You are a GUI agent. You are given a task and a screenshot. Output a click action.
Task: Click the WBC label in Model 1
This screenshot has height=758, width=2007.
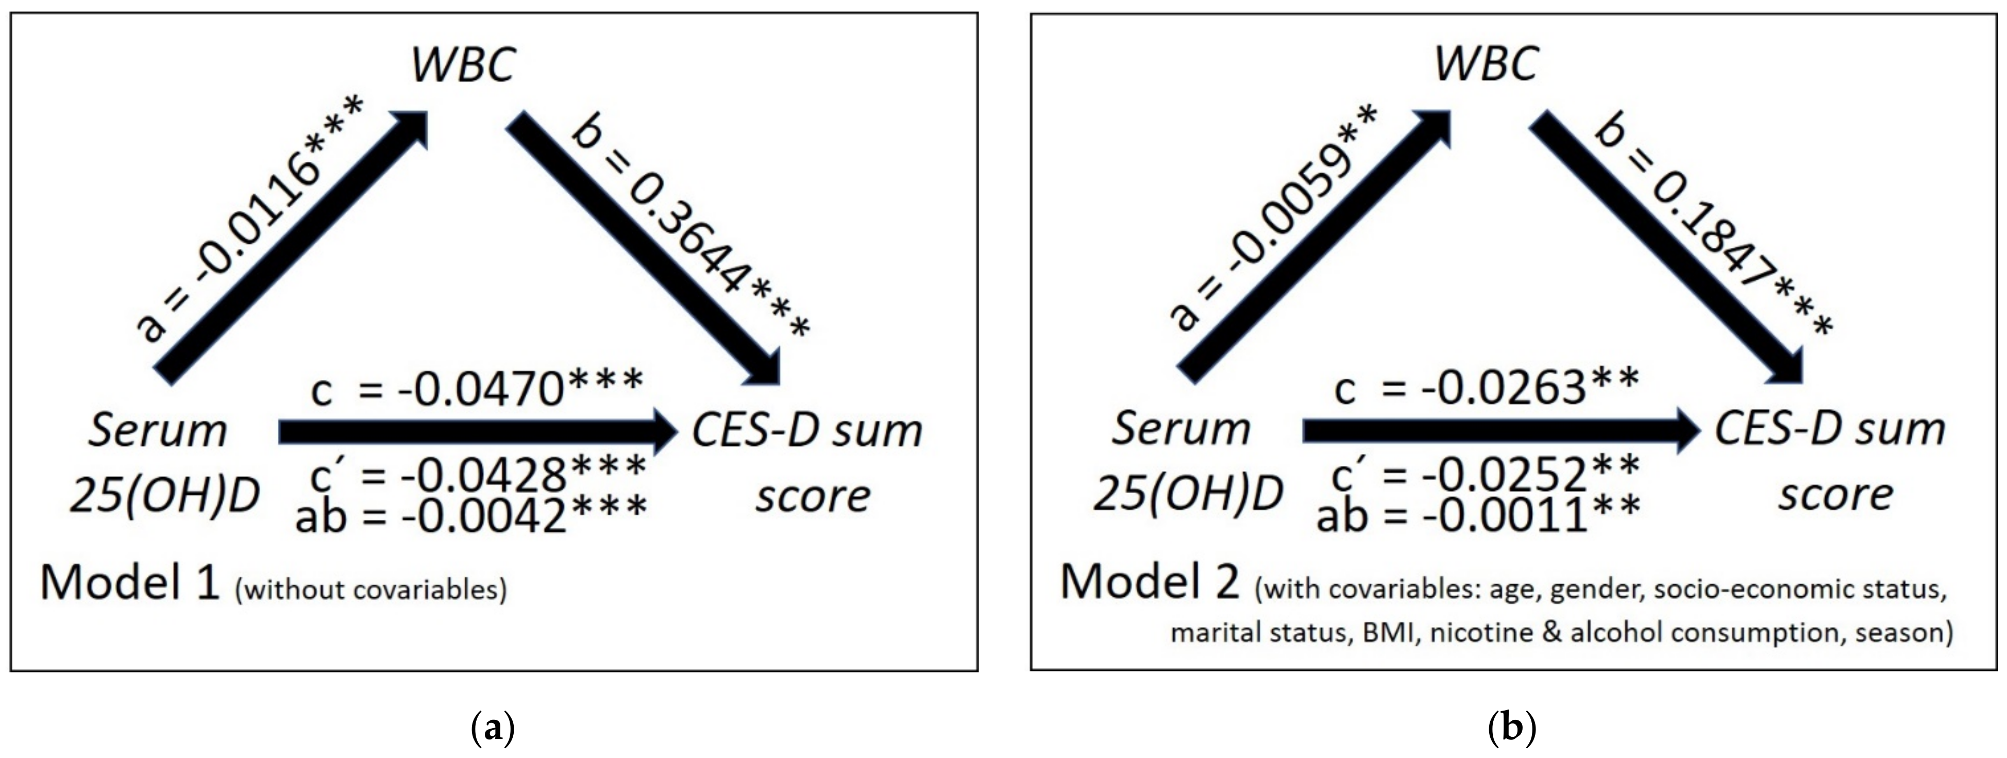pyautogui.click(x=463, y=64)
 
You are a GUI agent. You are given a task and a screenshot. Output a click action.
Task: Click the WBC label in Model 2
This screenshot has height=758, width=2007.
pyautogui.click(x=1486, y=64)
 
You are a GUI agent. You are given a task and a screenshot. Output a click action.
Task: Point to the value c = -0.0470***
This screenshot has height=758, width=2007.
pyautogui.click(x=477, y=387)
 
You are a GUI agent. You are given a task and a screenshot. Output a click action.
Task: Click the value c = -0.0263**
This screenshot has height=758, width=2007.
pyautogui.click(x=1487, y=387)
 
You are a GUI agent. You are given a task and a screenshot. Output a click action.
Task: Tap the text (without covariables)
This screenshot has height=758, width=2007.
pyautogui.click(x=371, y=589)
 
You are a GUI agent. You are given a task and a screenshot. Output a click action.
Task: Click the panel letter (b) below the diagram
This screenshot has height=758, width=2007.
pyautogui.click(x=1511, y=729)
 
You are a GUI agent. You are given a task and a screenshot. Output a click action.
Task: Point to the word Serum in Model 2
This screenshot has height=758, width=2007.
pyautogui.click(x=1180, y=429)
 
